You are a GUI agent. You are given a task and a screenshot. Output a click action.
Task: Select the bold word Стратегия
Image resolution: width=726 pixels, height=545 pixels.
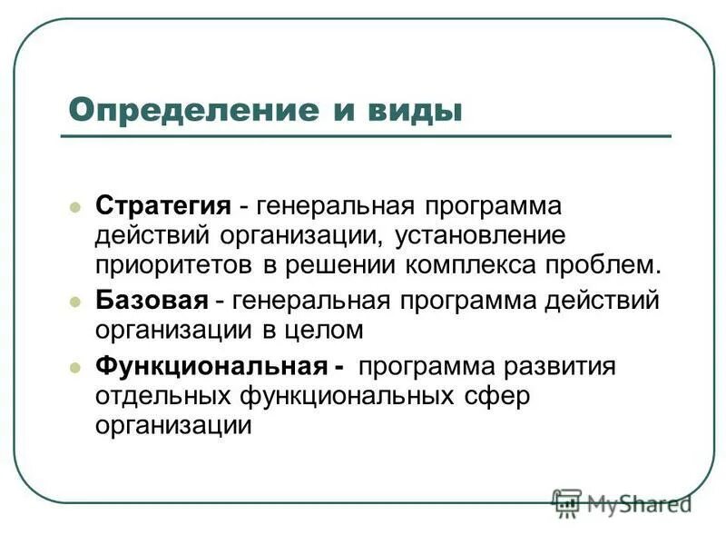[162, 206]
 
